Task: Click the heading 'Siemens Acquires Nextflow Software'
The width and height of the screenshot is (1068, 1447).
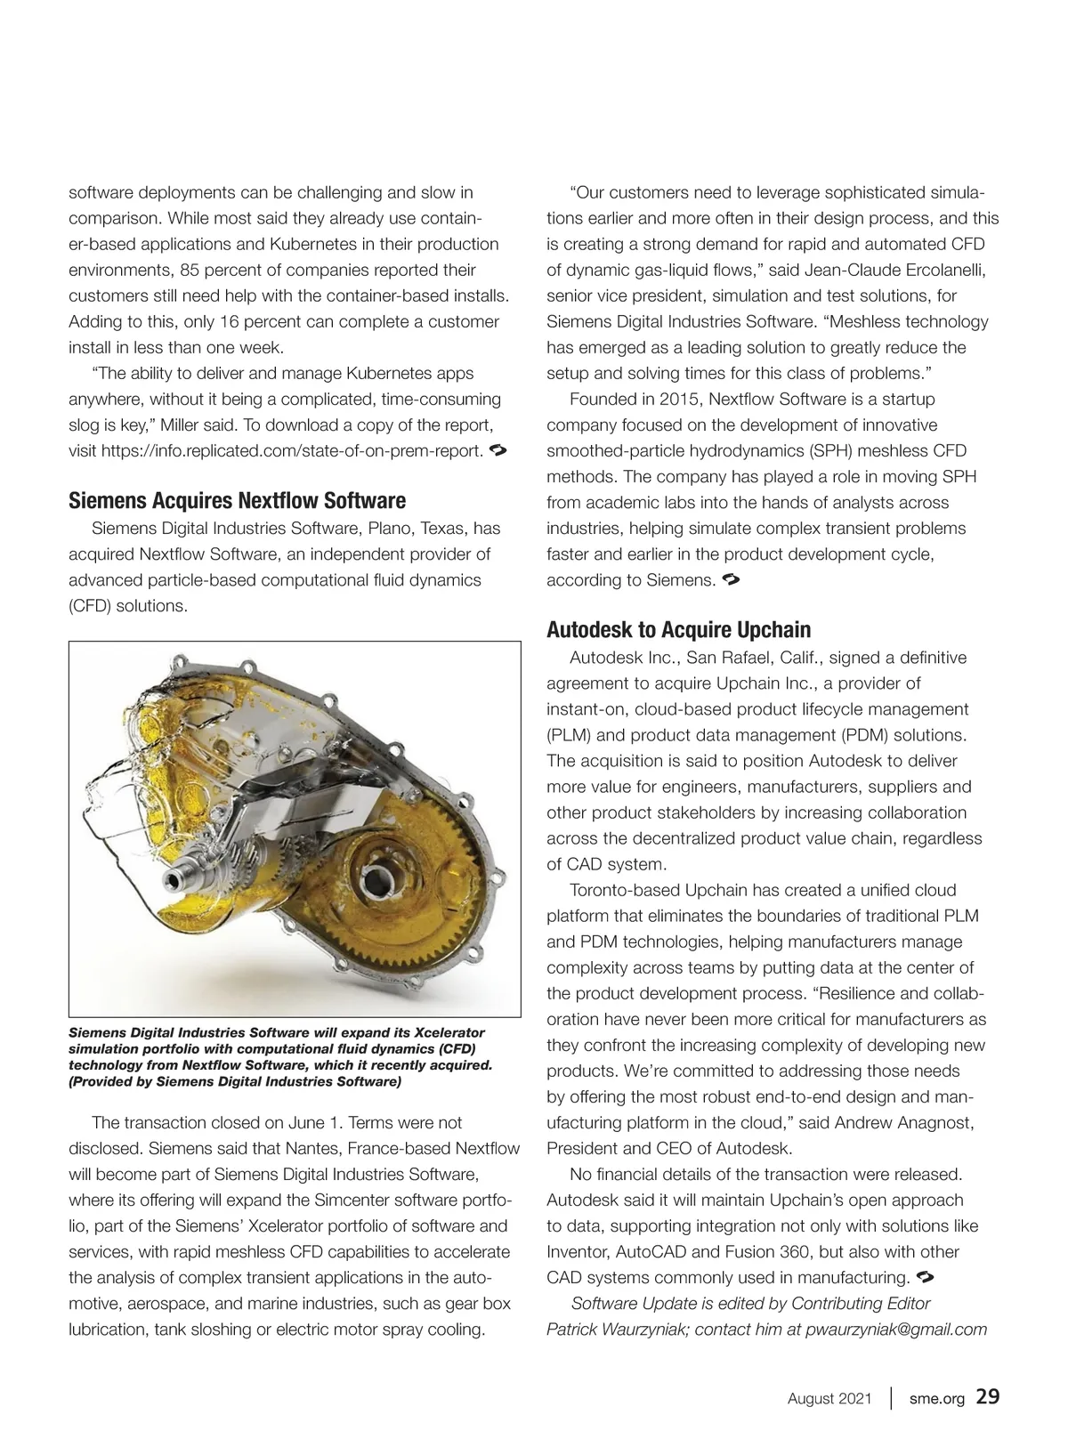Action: [237, 501]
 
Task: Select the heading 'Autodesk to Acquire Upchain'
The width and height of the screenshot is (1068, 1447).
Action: [678, 630]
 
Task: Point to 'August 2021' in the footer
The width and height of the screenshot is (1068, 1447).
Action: [829, 1399]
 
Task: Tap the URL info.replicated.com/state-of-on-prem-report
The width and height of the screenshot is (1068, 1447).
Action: [292, 450]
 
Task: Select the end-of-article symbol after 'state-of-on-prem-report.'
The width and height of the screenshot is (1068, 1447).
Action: [498, 449]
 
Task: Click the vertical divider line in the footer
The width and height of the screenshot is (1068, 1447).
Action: [892, 1398]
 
